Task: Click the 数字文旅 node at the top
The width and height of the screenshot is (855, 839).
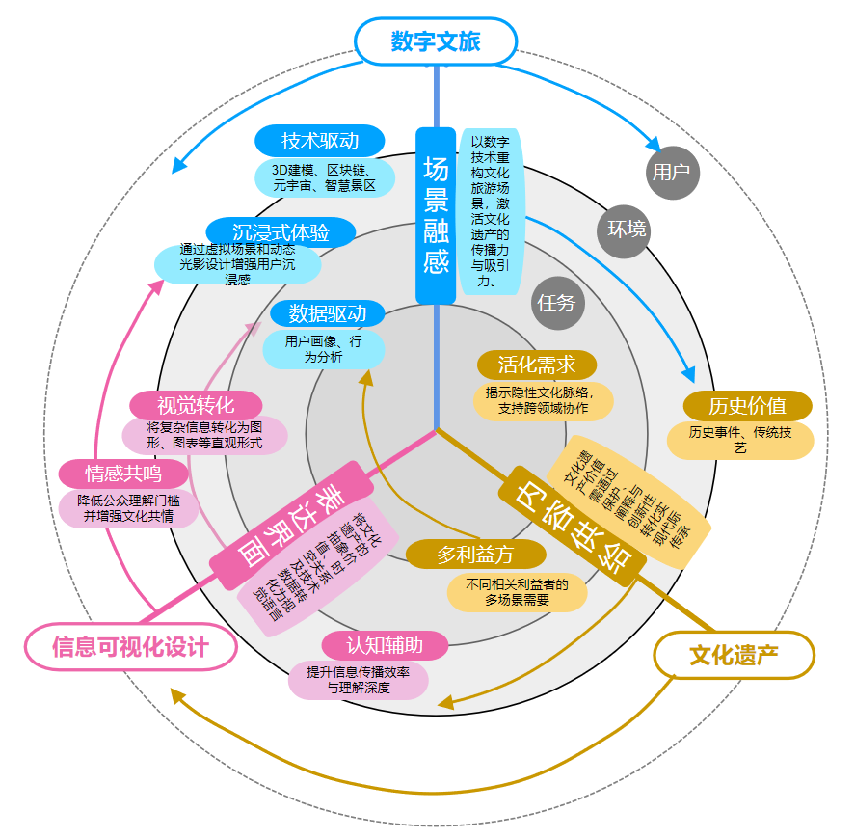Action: (436, 41)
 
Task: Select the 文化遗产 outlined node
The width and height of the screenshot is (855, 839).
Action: (734, 656)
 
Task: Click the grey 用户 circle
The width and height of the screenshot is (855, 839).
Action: (672, 173)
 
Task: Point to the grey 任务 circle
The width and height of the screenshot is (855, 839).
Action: (556, 303)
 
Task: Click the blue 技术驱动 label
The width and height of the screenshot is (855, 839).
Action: (320, 141)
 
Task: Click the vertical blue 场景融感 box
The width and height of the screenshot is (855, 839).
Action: (436, 215)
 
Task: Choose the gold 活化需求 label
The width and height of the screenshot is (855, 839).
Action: (537, 365)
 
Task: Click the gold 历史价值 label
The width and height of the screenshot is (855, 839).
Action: (747, 405)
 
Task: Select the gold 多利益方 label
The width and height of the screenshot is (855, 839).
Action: (475, 555)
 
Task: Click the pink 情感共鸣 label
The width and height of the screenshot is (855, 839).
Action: (122, 474)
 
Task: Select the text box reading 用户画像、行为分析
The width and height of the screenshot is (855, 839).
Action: (324, 349)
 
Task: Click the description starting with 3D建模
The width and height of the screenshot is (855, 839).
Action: (324, 177)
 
